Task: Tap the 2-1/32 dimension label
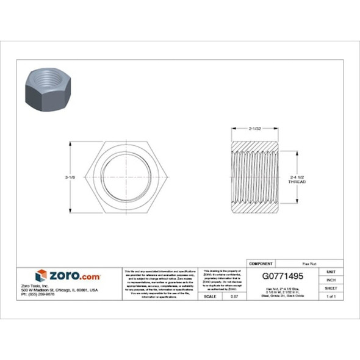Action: click(255, 129)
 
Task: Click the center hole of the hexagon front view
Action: click(128, 177)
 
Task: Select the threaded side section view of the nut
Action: click(255, 177)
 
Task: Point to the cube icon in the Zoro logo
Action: click(41, 276)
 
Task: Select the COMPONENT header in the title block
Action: click(261, 263)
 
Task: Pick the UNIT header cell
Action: click(331, 272)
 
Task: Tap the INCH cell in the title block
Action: click(331, 279)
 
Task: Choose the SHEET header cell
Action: click(331, 287)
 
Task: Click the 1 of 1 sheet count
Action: click(331, 296)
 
